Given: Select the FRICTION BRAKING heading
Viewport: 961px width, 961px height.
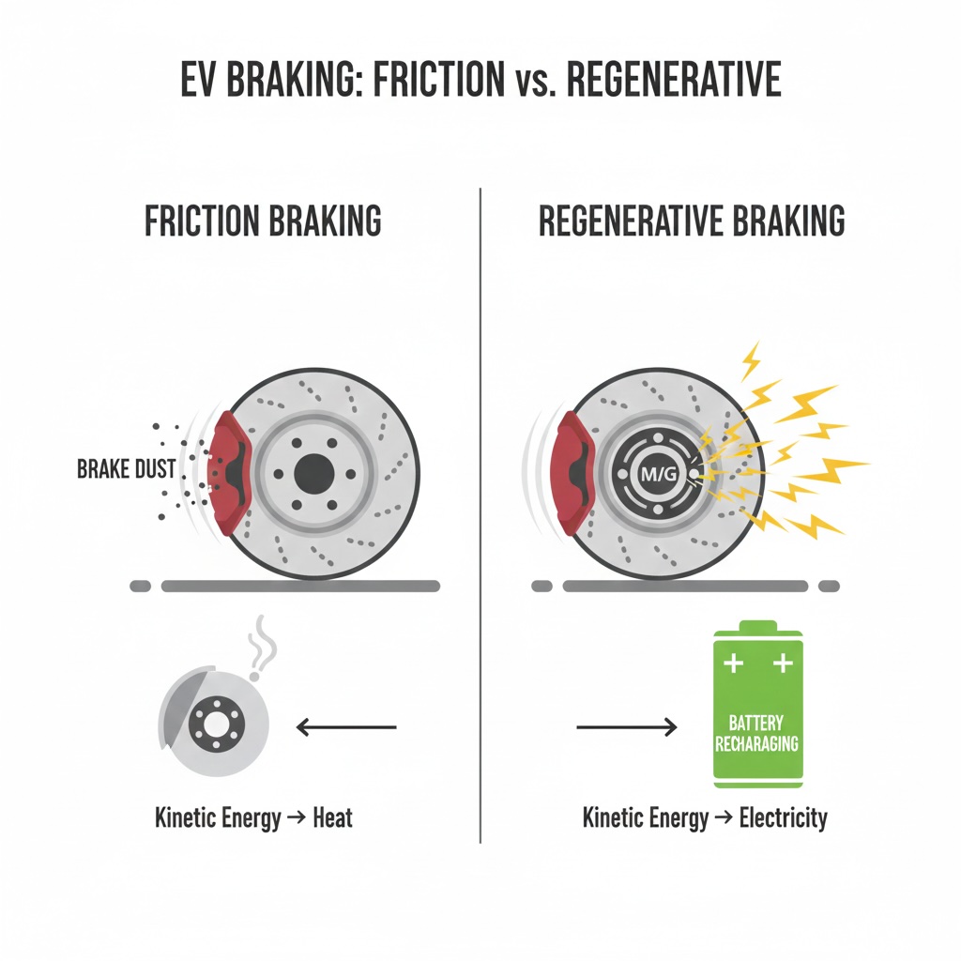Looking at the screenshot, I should tap(264, 222).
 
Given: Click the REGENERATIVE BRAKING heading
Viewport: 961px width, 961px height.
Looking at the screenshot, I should tap(692, 222).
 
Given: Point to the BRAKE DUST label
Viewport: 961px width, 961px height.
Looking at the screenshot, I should tap(127, 468).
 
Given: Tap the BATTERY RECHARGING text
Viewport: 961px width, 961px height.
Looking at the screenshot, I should tap(757, 733).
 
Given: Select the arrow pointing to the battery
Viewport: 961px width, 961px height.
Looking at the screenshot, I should tap(625, 725).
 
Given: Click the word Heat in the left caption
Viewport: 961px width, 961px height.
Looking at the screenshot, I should tap(333, 817).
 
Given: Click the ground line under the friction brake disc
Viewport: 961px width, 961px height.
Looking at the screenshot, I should tap(300, 586).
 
